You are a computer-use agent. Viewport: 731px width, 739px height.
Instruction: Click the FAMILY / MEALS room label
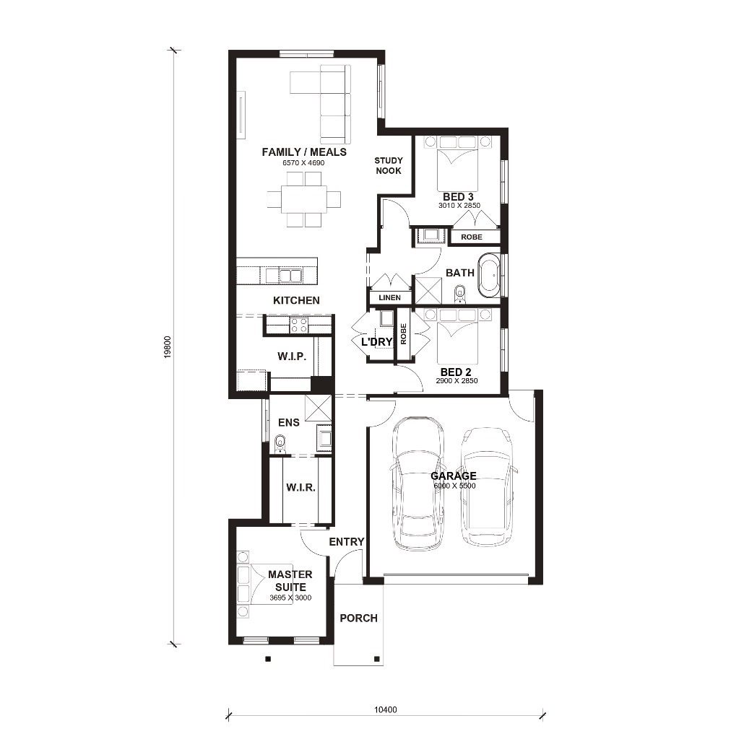(x=304, y=152)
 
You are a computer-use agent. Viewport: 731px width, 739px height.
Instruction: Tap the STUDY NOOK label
(x=389, y=165)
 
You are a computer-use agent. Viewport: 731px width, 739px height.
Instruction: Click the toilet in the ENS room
(x=280, y=444)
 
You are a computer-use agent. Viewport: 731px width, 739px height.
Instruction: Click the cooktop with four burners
(x=300, y=325)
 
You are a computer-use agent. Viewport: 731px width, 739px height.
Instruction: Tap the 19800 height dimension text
(x=168, y=347)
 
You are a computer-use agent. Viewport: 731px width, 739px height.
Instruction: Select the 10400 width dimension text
(x=385, y=710)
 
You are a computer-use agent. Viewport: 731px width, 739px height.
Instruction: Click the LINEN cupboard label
(x=389, y=297)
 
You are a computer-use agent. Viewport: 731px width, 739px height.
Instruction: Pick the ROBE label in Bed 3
(x=472, y=237)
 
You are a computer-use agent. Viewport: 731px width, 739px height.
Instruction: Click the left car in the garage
(x=417, y=484)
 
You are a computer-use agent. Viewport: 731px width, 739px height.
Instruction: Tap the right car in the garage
(x=488, y=486)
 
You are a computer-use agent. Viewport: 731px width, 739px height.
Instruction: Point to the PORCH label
(x=358, y=618)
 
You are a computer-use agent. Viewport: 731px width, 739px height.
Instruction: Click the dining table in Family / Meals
(x=304, y=199)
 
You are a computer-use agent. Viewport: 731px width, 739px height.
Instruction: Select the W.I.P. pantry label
(x=292, y=357)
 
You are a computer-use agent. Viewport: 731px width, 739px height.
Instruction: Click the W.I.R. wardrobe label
(x=300, y=487)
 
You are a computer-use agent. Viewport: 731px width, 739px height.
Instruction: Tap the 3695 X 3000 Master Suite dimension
(x=290, y=598)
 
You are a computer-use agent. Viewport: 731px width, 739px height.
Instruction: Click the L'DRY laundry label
(x=377, y=341)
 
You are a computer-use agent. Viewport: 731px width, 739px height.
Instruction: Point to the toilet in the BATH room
(x=460, y=294)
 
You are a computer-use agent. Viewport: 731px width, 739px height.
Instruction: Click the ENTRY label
(x=347, y=542)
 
